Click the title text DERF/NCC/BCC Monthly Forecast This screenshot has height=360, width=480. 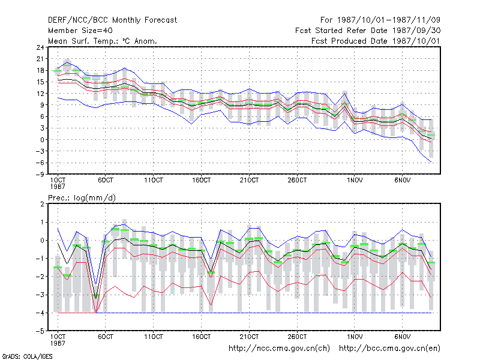pyautogui.click(x=112, y=20)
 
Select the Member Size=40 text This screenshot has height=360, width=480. pyautogui.click(x=80, y=31)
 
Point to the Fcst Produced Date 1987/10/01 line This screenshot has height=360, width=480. pyautogui.click(x=376, y=41)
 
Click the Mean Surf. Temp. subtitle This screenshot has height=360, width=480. pyautogui.click(x=102, y=41)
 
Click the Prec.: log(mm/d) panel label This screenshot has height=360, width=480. pyautogui.click(x=82, y=198)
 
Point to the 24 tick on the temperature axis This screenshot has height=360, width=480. pyautogui.click(x=40, y=47)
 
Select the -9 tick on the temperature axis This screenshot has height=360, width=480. pyautogui.click(x=40, y=175)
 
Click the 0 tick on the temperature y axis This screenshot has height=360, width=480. pyautogui.click(x=42, y=140)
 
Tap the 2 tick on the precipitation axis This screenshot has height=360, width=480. pyautogui.click(x=42, y=204)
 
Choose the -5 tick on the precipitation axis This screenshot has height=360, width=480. pyautogui.click(x=40, y=331)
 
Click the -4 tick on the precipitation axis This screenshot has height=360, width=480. pyautogui.click(x=40, y=313)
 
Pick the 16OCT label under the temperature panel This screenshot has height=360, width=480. pyautogui.click(x=201, y=180)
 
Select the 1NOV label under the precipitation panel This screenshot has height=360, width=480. pyautogui.click(x=355, y=337)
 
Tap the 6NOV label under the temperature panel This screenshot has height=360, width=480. pyautogui.click(x=402, y=180)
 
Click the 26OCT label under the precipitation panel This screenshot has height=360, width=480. pyautogui.click(x=297, y=337)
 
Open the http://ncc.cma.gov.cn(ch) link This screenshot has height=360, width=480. pyautogui.click(x=279, y=349)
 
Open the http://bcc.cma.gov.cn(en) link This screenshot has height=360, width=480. pyautogui.click(x=389, y=349)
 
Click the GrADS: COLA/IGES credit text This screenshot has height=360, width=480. pyautogui.click(x=27, y=356)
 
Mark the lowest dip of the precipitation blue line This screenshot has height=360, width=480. pyautogui.click(x=96, y=284)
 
